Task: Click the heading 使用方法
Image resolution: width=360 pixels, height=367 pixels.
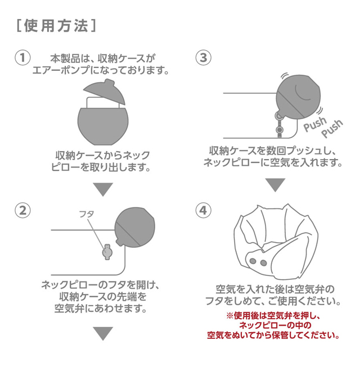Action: tap(56, 25)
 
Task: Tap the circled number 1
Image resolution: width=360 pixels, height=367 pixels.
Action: tap(22, 58)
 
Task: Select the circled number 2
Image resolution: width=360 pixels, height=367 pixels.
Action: tap(22, 211)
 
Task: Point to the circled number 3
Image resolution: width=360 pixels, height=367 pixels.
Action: tap(203, 58)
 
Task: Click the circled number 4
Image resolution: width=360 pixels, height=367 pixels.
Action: tap(203, 210)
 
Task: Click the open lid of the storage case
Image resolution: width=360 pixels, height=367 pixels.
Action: tap(105, 93)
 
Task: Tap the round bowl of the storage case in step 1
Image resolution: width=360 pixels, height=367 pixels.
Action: tap(103, 126)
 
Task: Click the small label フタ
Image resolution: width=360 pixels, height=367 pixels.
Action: tap(87, 214)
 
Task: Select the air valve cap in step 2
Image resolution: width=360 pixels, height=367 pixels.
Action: tap(107, 252)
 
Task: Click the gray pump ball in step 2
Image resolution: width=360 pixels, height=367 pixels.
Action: tap(135, 227)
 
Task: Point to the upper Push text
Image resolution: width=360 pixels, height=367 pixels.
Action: tap(315, 124)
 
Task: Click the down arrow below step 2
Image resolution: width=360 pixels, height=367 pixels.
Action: tap(103, 333)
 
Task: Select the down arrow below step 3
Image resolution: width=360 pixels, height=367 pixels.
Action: tap(275, 185)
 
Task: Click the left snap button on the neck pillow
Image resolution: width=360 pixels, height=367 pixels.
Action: tap(253, 261)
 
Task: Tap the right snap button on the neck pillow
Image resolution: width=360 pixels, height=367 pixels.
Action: tap(264, 263)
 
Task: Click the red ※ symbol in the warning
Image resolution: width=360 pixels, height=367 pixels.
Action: tap(229, 316)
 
